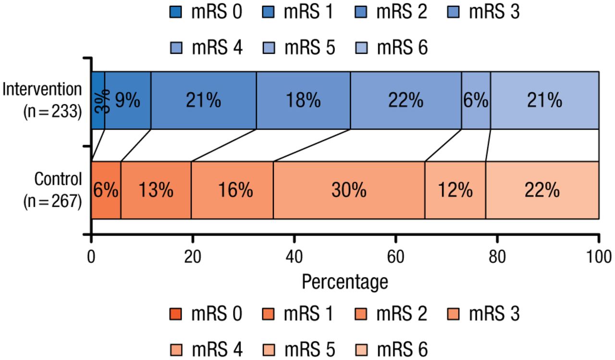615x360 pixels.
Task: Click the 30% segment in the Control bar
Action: pos(349,190)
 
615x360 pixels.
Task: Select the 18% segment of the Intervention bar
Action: pos(303,100)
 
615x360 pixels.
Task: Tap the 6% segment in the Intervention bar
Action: pos(476,100)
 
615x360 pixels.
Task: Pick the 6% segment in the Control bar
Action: pos(106,190)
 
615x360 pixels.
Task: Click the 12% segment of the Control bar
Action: pos(455,190)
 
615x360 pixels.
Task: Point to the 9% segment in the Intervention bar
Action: pos(127,100)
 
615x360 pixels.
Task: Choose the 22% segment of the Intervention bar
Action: pos(406,100)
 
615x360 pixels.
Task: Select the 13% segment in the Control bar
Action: pos(156,190)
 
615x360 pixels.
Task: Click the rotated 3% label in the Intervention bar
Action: pos(99,100)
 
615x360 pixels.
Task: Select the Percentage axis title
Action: pos(344,282)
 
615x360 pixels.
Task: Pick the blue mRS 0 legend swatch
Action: pos(177,12)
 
